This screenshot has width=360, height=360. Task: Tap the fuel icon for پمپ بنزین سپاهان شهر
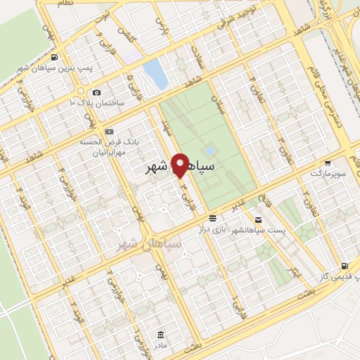pos(56,58)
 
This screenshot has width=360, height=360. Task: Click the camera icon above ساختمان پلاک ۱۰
pos(96,93)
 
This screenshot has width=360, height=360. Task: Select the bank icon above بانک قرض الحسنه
pos(109,131)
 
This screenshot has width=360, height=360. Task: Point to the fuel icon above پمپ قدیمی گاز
pos(344,266)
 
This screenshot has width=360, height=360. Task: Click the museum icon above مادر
pos(161,333)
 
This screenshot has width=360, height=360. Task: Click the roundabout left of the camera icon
pos(81,92)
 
